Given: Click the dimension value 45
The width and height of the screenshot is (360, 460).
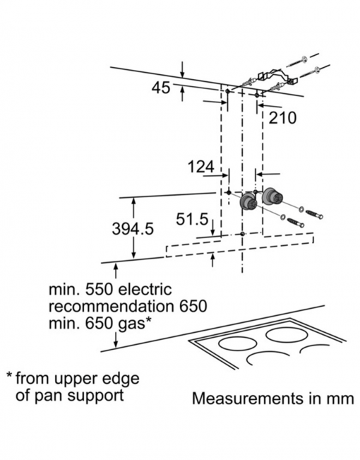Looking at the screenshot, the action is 161,88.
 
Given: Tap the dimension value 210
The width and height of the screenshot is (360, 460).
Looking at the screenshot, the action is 282,118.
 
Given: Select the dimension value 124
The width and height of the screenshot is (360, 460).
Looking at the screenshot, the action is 201,167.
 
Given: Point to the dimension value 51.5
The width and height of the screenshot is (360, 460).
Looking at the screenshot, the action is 192,219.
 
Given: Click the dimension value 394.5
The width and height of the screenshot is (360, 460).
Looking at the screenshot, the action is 133,228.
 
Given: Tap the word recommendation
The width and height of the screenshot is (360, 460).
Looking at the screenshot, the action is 111,307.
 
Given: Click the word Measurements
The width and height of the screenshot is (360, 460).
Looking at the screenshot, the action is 248,399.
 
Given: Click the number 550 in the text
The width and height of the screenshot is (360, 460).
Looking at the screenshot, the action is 99,290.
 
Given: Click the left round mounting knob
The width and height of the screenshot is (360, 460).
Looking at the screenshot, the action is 248,201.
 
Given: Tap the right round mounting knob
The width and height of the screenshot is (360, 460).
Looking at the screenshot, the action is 273,196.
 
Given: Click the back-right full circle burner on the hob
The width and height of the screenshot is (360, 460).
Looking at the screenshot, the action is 284,334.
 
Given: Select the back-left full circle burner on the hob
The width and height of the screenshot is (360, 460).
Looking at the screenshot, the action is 236,343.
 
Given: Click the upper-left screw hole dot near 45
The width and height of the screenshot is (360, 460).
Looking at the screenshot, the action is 227,91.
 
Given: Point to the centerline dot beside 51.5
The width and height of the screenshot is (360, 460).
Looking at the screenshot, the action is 242,234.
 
